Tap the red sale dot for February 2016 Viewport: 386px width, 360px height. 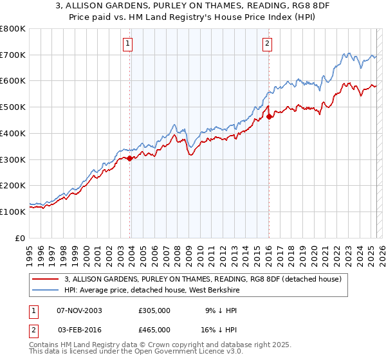point(269,116)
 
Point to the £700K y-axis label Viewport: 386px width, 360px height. point(13,55)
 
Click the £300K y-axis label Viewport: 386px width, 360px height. point(13,159)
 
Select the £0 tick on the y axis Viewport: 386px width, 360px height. point(21,238)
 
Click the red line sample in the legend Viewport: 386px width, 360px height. point(46,280)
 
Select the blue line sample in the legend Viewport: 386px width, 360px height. point(46,290)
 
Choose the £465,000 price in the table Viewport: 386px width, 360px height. point(154,330)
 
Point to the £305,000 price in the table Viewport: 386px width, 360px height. point(154,310)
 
